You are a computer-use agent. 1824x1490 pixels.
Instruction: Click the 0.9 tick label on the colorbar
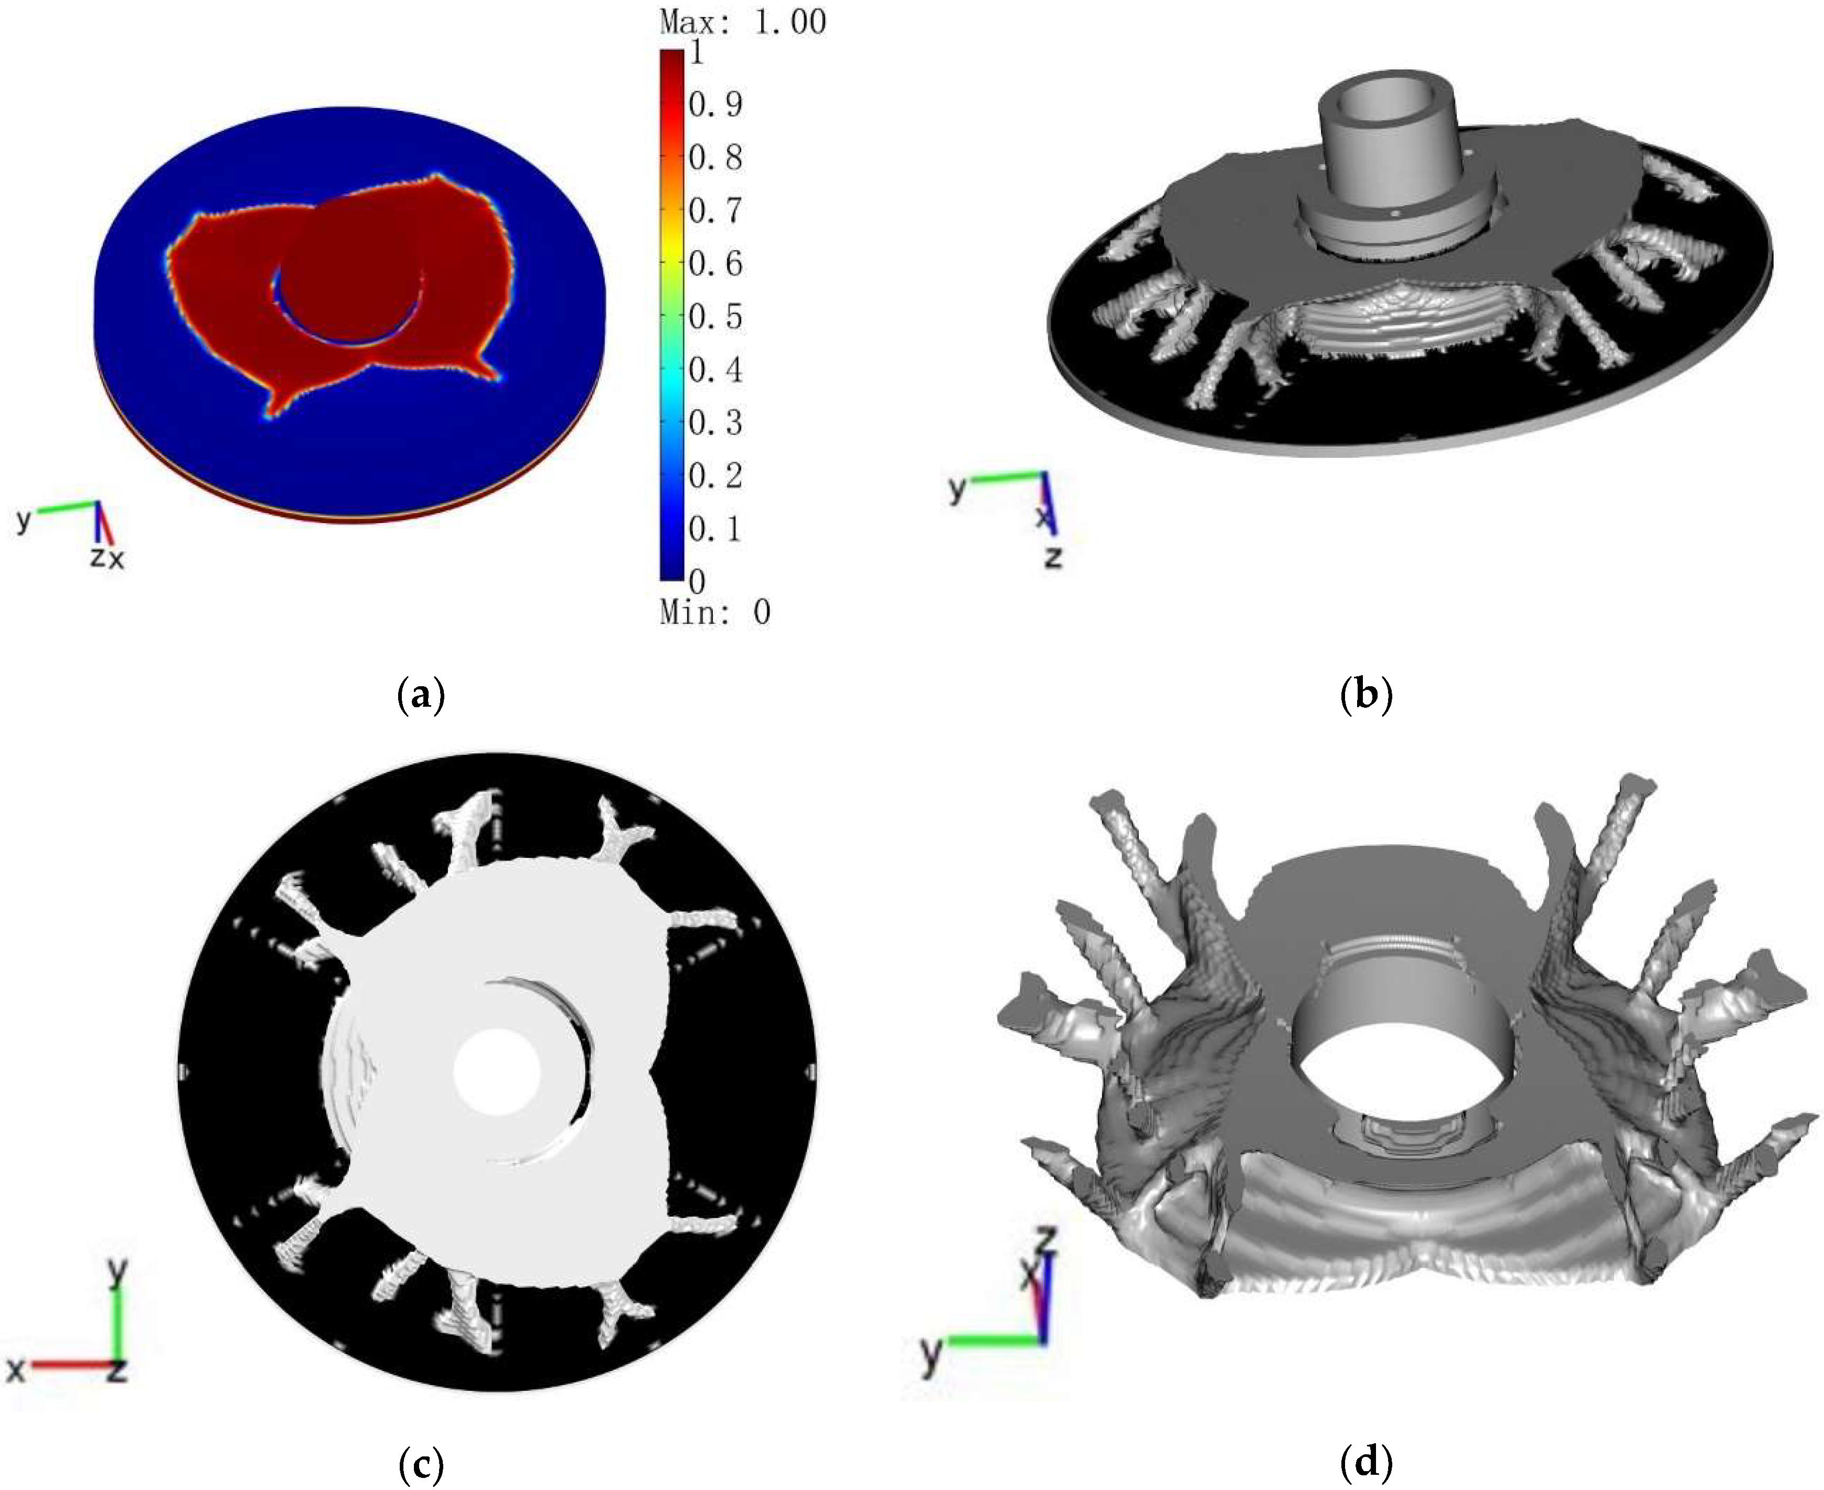[x=715, y=105]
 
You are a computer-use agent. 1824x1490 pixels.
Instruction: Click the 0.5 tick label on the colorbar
[x=715, y=317]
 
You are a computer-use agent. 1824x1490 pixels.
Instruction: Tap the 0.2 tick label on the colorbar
[x=715, y=475]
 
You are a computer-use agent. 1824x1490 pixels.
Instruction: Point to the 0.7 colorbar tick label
[x=715, y=210]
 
